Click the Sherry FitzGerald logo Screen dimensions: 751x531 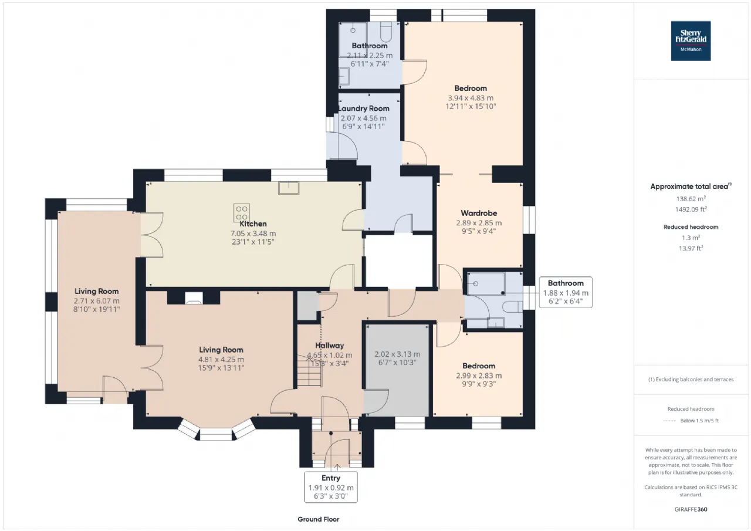(x=691, y=41)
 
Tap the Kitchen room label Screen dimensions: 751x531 (x=253, y=224)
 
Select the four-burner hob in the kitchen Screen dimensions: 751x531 (x=241, y=212)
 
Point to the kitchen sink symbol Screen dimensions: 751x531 (x=289, y=188)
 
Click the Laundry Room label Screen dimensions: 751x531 (x=364, y=109)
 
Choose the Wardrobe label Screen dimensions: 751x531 (x=479, y=213)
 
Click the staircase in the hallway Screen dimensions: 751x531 (x=309, y=371)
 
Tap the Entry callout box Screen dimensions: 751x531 (x=331, y=487)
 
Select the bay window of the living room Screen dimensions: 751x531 (x=216, y=432)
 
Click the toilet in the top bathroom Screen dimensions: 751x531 (x=386, y=31)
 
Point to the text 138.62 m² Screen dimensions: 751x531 (x=691, y=198)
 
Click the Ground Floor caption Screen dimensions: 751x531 (x=318, y=519)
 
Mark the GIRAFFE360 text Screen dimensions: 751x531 (x=691, y=509)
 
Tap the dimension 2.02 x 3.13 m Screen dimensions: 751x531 (x=397, y=354)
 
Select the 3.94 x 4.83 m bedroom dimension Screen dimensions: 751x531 (x=471, y=98)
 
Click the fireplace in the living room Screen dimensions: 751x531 (x=194, y=297)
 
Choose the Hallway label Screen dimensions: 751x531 (x=330, y=345)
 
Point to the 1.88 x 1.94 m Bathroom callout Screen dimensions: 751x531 (x=566, y=292)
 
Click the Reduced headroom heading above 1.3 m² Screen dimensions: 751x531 (x=691, y=227)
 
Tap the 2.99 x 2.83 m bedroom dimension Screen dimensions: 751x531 (x=479, y=376)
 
